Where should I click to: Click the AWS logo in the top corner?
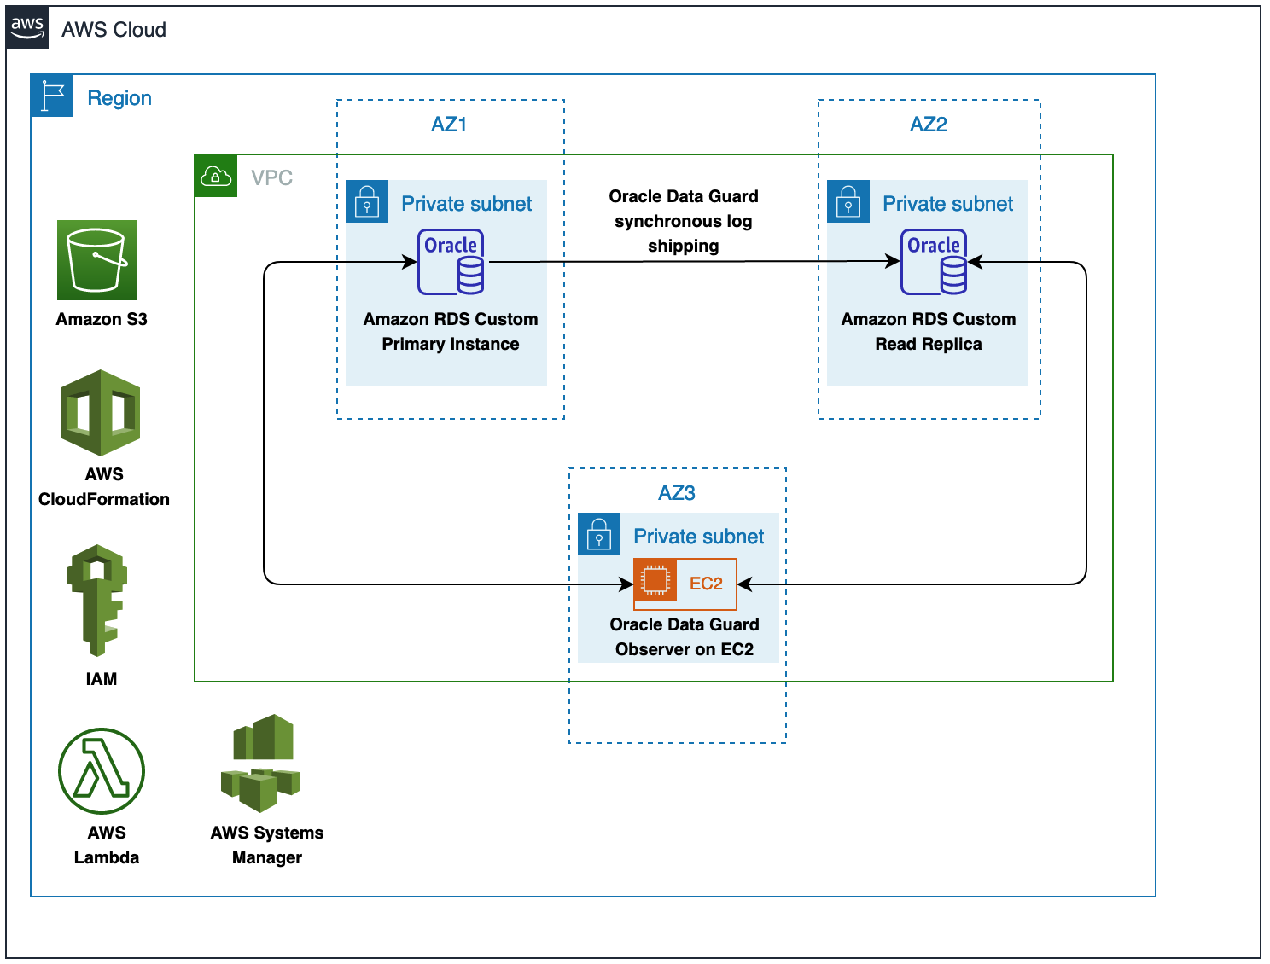(x=27, y=28)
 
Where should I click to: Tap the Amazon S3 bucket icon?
(x=97, y=260)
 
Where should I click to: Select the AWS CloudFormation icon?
(x=101, y=414)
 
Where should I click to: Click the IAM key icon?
(x=97, y=601)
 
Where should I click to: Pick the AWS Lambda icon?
(x=102, y=772)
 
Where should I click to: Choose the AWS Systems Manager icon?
(x=260, y=764)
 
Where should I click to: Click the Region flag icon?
(x=52, y=96)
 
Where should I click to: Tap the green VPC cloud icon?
(x=216, y=176)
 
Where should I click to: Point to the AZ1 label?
(x=449, y=125)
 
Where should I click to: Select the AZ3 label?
(x=677, y=493)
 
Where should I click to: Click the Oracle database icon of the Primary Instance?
(x=451, y=263)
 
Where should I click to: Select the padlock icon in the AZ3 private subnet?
(x=599, y=535)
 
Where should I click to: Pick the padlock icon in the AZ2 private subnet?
(x=848, y=202)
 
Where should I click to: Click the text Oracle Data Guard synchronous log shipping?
(x=684, y=222)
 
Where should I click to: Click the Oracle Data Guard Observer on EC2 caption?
(x=685, y=637)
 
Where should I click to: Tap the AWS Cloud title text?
(x=114, y=30)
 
